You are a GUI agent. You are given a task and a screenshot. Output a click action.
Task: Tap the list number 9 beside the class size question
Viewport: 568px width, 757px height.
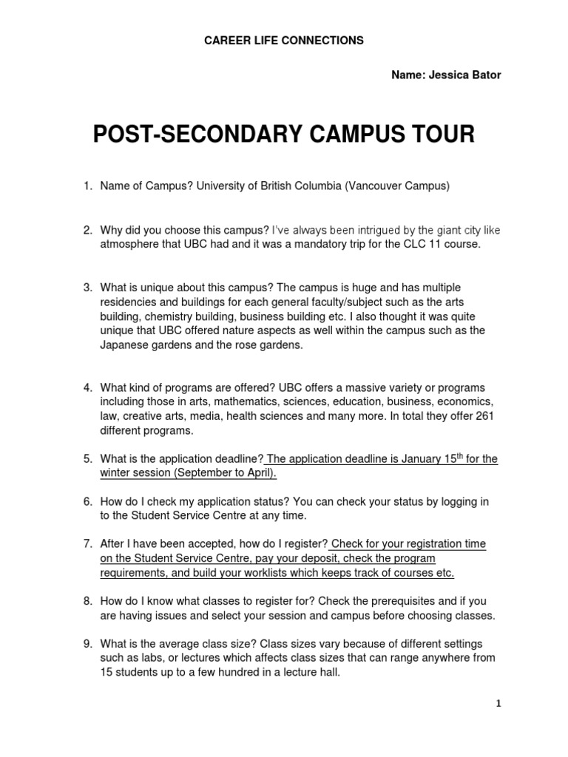click(86, 644)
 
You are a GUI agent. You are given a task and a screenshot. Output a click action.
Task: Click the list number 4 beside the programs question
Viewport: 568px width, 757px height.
click(86, 387)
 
